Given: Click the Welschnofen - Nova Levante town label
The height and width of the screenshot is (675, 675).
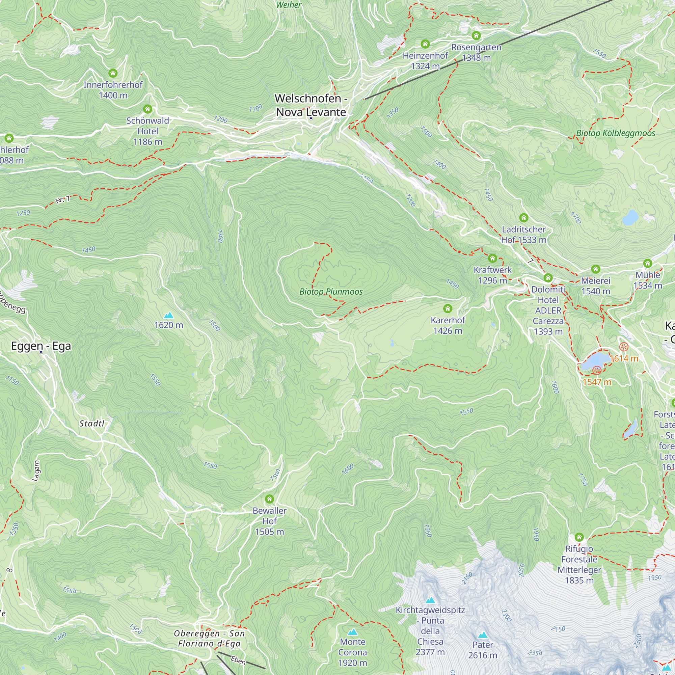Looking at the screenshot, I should click(x=310, y=105).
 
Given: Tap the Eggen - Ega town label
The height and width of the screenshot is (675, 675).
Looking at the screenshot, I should click(x=41, y=346).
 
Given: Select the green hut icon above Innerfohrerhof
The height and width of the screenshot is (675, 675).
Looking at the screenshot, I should click(x=112, y=73).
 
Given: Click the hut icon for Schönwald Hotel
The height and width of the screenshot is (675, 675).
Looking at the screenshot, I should click(x=147, y=109).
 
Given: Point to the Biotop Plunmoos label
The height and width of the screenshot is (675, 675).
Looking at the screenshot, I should click(x=331, y=292).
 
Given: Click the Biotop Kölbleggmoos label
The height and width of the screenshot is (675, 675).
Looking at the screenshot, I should click(x=615, y=133).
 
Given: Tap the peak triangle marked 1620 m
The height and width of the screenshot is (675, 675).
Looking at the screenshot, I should click(x=169, y=316).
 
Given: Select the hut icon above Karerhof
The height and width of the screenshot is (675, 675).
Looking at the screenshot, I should click(x=448, y=308).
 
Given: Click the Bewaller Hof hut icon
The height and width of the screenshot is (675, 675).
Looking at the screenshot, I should click(x=269, y=499).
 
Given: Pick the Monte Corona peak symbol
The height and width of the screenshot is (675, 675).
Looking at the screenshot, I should click(x=353, y=632).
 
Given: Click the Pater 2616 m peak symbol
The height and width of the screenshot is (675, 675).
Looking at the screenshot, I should click(x=483, y=635).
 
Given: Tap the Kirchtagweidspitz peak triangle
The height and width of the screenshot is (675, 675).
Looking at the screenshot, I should click(x=430, y=600).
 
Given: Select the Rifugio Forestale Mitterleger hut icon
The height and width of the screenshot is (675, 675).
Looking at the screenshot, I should click(x=579, y=537).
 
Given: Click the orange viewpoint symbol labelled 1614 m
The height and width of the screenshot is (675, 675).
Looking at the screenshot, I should click(x=624, y=347).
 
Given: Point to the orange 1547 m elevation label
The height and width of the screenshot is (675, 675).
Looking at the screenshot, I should click(x=597, y=382).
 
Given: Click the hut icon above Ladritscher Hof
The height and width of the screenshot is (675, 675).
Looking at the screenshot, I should click(x=523, y=218).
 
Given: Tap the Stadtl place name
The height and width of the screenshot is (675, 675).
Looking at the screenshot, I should click(x=91, y=424).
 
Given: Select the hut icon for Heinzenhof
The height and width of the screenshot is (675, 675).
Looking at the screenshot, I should click(x=425, y=44).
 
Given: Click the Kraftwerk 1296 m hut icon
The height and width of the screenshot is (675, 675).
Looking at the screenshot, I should click(x=492, y=259).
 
